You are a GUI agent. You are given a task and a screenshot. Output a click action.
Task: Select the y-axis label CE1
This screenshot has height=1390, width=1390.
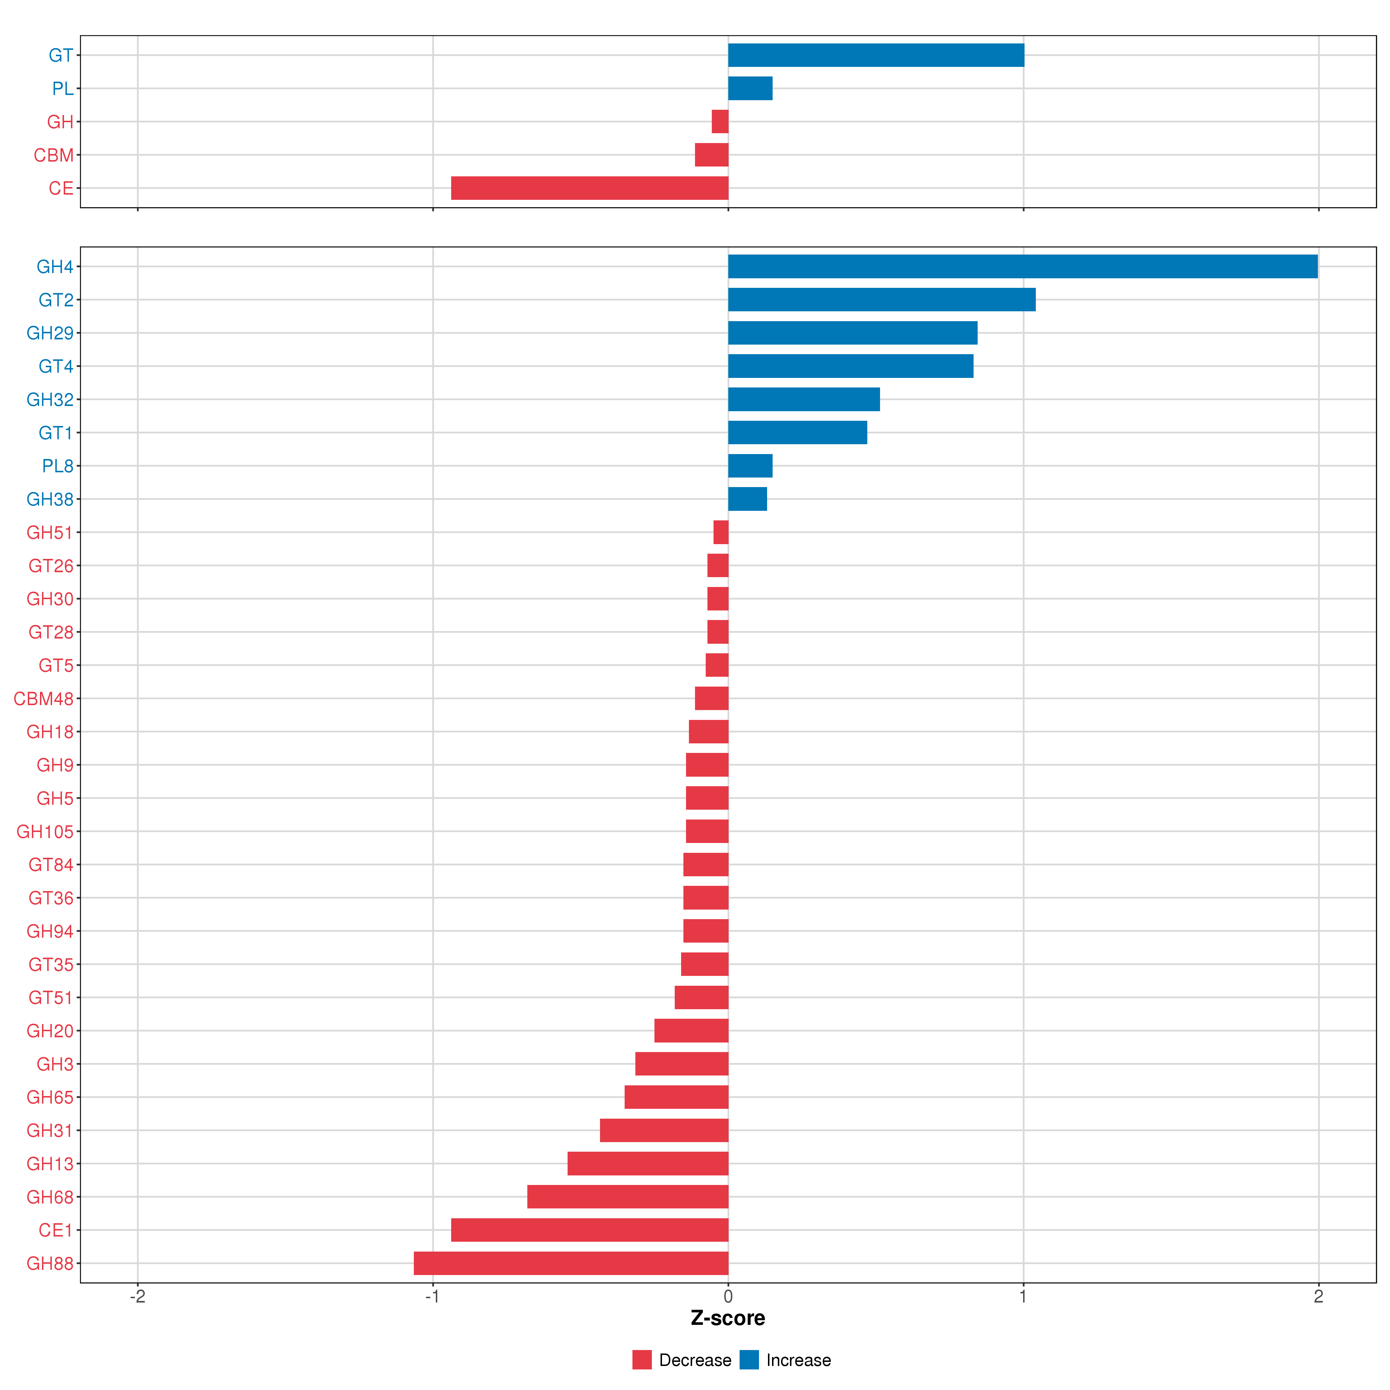[x=56, y=1230]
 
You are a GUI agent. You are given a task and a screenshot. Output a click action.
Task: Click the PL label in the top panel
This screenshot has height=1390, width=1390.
[x=63, y=89]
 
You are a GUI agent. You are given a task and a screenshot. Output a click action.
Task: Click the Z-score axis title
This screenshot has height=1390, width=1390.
[x=728, y=1318]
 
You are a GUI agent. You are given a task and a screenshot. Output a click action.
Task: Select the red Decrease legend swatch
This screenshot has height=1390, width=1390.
[x=642, y=1360]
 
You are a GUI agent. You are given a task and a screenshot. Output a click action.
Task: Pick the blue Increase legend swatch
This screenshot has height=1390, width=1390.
[x=749, y=1360]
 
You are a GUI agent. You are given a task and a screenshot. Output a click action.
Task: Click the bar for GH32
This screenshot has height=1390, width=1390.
[x=804, y=399]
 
